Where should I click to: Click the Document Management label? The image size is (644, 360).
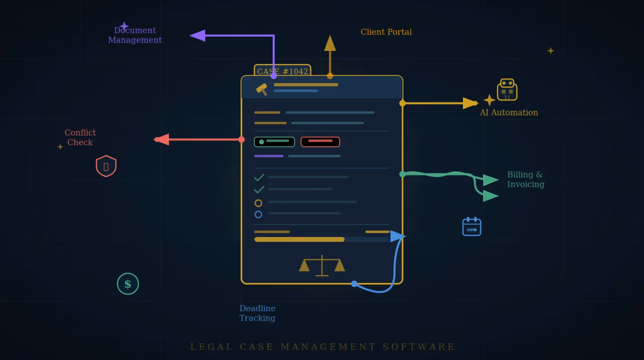(135, 35)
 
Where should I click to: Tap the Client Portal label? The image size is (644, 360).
(386, 32)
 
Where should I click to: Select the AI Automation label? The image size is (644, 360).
(509, 112)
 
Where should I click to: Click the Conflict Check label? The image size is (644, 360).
(80, 137)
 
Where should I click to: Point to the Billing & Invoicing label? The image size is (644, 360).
(526, 179)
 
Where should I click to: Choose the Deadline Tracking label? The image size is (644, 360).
(257, 313)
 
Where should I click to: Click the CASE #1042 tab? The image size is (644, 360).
(282, 71)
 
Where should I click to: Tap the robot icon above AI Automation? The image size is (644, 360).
(507, 90)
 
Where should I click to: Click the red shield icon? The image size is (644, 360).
(106, 166)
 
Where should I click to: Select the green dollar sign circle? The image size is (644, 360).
(128, 284)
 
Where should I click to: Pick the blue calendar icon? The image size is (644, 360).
(472, 227)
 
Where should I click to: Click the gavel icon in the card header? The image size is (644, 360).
(262, 89)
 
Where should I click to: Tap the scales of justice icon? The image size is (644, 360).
(322, 265)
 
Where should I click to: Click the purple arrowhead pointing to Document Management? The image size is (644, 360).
(198, 36)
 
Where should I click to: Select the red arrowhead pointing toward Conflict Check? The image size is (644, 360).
(162, 139)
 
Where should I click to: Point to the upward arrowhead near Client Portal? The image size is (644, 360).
(330, 43)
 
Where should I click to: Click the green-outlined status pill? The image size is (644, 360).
(274, 142)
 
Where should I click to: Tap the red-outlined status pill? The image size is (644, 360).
(320, 142)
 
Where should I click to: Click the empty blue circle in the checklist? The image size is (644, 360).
(258, 215)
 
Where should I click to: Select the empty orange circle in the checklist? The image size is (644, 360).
(258, 203)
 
